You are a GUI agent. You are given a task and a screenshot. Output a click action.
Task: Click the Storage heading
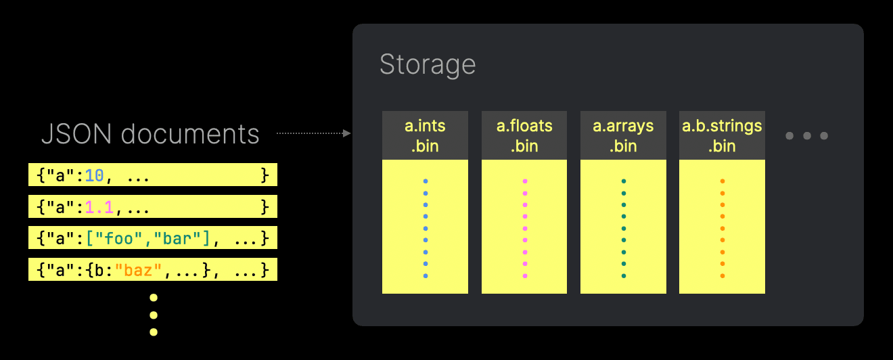click(428, 65)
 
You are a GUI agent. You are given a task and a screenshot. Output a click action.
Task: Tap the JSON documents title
click(150, 134)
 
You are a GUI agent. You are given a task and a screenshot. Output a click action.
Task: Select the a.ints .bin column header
click(425, 135)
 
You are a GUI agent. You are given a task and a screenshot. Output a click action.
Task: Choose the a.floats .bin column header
click(524, 135)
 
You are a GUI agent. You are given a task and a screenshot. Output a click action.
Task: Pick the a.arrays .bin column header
click(623, 135)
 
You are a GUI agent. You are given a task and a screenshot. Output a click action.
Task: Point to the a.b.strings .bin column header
click(722, 135)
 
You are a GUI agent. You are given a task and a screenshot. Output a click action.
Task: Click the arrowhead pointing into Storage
click(347, 133)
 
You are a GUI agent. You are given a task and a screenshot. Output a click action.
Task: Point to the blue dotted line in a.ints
click(425, 229)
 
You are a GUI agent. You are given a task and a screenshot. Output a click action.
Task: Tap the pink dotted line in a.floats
click(524, 229)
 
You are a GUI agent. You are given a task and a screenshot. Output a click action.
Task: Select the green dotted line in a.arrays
click(623, 229)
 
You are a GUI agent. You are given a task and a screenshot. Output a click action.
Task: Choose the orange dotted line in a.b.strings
click(722, 229)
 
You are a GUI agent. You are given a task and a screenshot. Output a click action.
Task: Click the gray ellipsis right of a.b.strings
click(806, 136)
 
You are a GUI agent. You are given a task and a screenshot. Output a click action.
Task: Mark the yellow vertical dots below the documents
click(154, 315)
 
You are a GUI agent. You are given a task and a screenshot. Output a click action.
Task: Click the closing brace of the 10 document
click(265, 176)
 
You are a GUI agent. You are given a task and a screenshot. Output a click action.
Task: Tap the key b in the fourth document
click(98, 271)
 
